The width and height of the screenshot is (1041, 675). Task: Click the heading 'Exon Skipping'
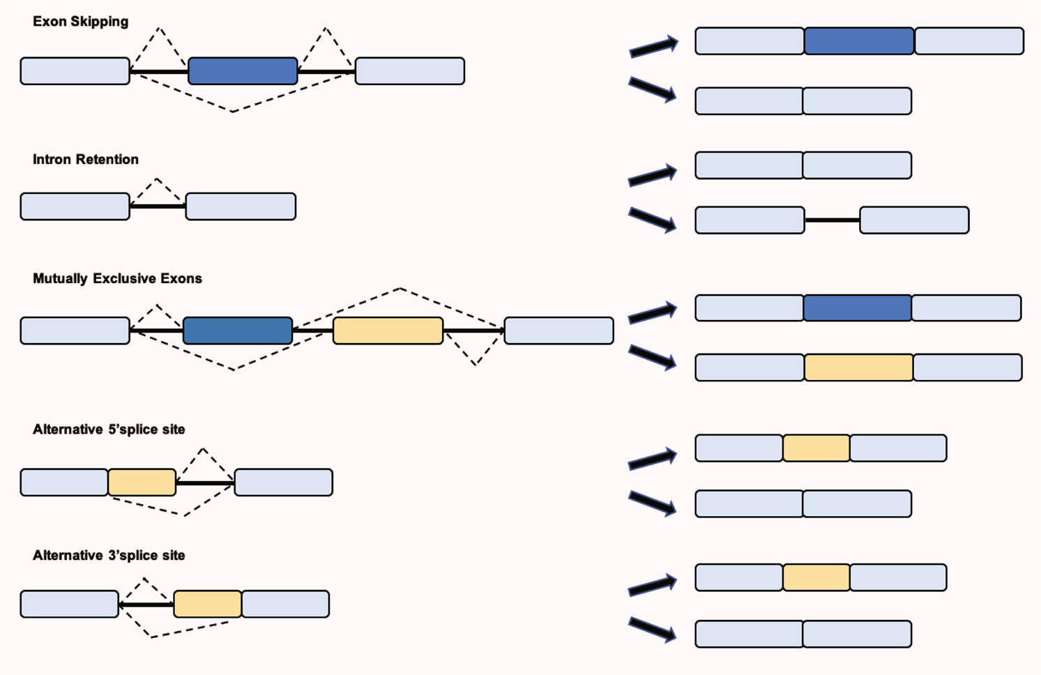tap(80, 22)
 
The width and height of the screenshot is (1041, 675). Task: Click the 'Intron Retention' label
tap(85, 160)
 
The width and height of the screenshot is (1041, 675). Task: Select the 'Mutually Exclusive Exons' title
tap(117, 279)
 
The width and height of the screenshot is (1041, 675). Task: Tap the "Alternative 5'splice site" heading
tap(109, 430)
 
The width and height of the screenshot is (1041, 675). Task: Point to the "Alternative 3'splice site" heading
tap(109, 556)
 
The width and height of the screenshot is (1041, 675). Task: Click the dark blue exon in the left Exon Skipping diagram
tap(243, 71)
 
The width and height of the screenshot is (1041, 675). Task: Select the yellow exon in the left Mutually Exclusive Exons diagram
tap(388, 331)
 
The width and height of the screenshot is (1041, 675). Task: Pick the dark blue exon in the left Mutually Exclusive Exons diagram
tap(238, 331)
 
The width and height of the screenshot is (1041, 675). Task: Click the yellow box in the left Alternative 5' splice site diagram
tap(142, 483)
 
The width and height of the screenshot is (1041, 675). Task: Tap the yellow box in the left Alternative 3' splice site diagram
tap(207, 604)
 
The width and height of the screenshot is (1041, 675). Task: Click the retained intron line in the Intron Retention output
tap(832, 220)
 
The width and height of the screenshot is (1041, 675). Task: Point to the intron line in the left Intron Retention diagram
tap(158, 206)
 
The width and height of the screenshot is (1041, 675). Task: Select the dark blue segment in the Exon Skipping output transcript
tap(859, 41)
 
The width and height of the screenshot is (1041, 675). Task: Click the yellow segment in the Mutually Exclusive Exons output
tap(858, 367)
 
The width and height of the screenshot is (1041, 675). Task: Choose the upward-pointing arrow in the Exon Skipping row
tap(653, 47)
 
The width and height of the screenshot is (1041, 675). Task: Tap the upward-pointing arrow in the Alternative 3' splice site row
tap(653, 586)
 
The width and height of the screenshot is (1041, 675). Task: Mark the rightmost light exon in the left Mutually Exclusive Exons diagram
tap(559, 331)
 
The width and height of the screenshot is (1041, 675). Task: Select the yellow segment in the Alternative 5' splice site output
tap(816, 448)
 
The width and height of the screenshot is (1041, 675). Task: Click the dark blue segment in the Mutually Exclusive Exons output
tap(857, 308)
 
